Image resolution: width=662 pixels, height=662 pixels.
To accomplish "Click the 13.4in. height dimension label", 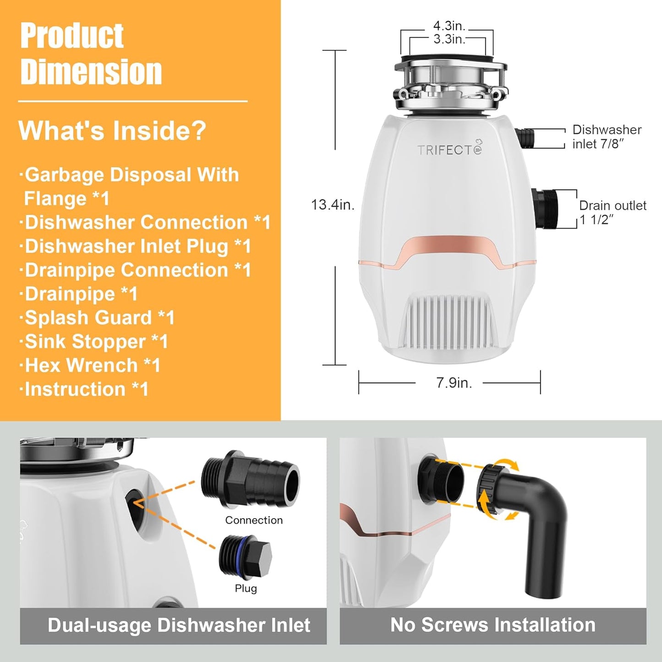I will click(x=333, y=204).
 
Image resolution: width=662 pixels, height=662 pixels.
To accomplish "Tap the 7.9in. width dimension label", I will click(x=454, y=383).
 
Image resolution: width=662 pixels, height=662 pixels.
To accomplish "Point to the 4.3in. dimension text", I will click(x=449, y=26).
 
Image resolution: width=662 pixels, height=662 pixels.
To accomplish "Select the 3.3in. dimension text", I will click(x=449, y=39).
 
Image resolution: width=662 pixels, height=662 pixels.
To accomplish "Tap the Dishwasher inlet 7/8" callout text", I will click(x=607, y=137).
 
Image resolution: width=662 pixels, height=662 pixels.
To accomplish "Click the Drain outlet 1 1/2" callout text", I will click(x=612, y=212).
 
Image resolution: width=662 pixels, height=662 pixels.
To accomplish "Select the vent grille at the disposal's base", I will click(x=450, y=321).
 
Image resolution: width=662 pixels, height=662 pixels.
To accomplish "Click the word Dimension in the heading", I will click(x=91, y=72).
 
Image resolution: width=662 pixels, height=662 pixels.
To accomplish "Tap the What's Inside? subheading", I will click(x=112, y=131).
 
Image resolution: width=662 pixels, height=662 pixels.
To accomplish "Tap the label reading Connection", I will click(x=254, y=520).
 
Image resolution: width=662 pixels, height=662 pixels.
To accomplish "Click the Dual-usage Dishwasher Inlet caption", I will click(x=179, y=625).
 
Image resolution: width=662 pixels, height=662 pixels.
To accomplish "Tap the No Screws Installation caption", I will click(x=492, y=625).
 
